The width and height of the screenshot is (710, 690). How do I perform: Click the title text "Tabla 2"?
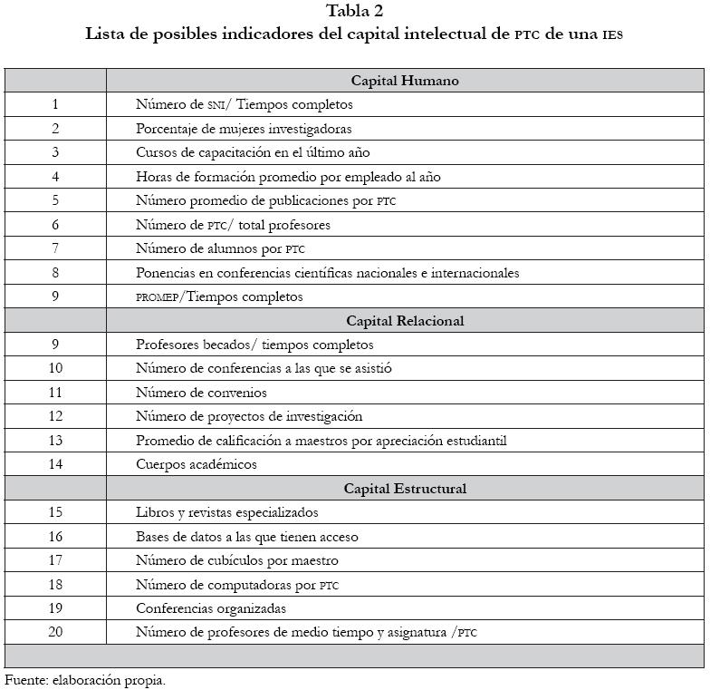[x=354, y=12]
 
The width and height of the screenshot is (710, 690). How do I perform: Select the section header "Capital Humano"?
[x=405, y=81]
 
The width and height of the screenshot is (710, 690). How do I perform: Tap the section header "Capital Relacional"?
[x=405, y=321]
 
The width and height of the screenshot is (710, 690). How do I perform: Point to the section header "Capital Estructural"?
[x=405, y=489]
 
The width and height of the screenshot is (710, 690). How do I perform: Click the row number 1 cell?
[x=55, y=104]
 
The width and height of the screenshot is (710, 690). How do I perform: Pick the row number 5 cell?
[x=55, y=200]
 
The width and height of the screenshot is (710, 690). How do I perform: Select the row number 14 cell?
[x=55, y=464]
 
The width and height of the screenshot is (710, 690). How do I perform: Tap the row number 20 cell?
[x=55, y=632]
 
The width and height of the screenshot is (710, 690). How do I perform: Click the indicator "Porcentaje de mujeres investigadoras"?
[x=244, y=129]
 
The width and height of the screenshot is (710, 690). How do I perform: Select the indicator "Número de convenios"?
[x=201, y=393]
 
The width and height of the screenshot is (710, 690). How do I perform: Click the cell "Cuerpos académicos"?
[x=197, y=464]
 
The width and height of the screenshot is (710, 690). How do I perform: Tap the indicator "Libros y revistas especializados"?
[x=227, y=512]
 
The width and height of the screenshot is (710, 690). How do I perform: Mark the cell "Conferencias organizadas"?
[x=211, y=608]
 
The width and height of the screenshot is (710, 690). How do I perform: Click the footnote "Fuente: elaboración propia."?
[x=85, y=679]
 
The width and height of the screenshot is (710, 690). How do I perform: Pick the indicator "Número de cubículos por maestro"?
[x=237, y=560]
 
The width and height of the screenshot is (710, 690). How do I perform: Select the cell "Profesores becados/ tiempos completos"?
[x=254, y=345]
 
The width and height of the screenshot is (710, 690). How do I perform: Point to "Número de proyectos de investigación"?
[x=249, y=416]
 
